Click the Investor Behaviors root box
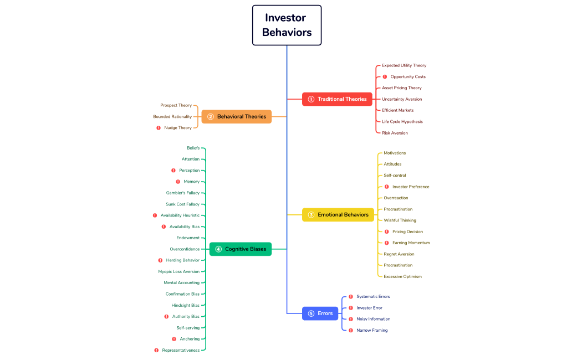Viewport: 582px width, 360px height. [287, 25]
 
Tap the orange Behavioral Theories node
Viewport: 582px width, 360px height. [237, 117]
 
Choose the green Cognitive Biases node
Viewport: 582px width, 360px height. [241, 249]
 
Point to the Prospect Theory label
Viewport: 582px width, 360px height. [176, 105]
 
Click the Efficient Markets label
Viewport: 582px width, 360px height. [397, 110]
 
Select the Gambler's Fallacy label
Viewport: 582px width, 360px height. [182, 193]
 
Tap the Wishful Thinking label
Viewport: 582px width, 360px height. [400, 220]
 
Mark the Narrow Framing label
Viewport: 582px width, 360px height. [372, 330]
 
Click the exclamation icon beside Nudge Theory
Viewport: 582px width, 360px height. [159, 128]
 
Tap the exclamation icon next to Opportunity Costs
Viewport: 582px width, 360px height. [385, 77]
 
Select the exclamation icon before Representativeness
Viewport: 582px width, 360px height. [156, 350]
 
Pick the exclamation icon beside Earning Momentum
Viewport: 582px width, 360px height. [387, 243]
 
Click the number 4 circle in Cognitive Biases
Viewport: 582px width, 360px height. [218, 249]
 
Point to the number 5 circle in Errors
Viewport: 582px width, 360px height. [311, 313]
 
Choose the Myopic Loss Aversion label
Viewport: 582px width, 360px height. [178, 271]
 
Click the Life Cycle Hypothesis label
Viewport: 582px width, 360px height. [402, 122]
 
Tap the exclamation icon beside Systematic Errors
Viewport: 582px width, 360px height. [351, 297]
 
